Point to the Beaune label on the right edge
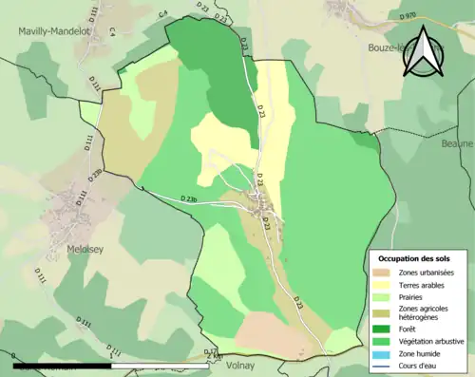(456, 143)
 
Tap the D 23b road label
(188, 198)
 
